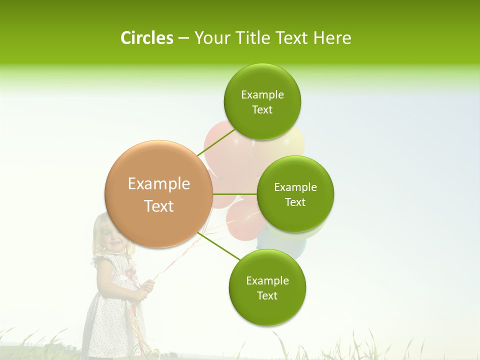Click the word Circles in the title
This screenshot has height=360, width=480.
tap(146, 38)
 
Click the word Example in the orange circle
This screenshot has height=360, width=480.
tap(158, 184)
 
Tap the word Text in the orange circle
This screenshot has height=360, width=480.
tap(158, 206)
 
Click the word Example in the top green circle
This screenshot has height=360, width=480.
tap(262, 95)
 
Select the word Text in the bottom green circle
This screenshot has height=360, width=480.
tap(267, 295)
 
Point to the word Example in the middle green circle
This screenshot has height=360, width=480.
tap(295, 187)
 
